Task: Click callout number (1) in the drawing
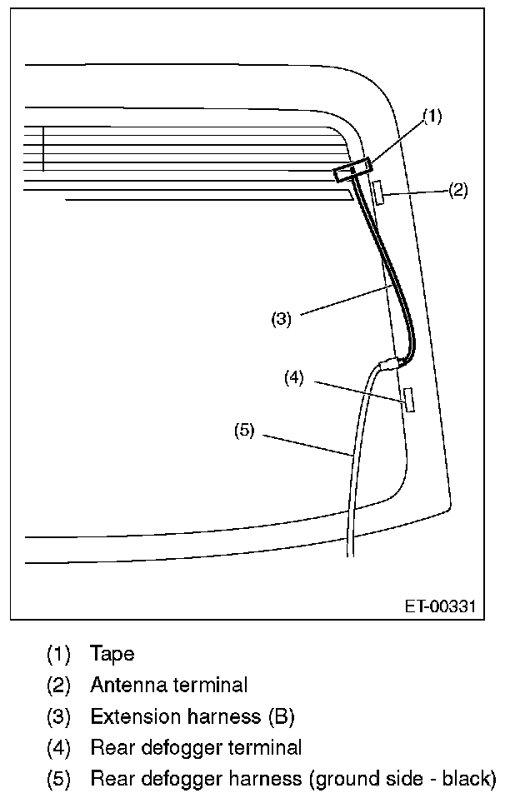(x=432, y=117)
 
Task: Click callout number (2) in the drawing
(x=457, y=190)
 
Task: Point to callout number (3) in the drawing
(x=281, y=318)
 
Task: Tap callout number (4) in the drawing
(x=293, y=377)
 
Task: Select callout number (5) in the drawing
(x=244, y=431)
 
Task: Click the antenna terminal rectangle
(x=377, y=192)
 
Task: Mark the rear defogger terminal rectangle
(x=408, y=399)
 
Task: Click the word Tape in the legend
(x=112, y=654)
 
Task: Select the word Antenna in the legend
(x=127, y=686)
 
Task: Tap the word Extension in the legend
(x=132, y=716)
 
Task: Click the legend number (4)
(x=59, y=748)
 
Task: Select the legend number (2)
(x=59, y=686)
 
